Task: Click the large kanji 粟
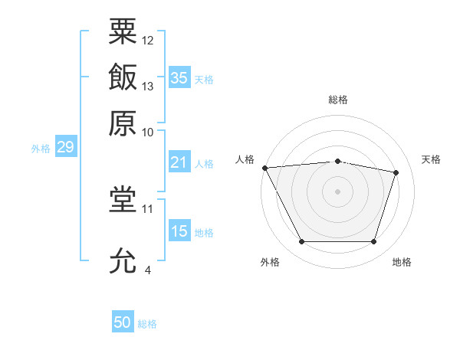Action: point(123,31)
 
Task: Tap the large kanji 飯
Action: point(123,77)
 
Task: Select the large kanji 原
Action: point(123,123)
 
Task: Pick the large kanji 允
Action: point(123,260)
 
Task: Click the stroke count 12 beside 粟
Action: point(147,41)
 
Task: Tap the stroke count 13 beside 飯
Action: point(147,87)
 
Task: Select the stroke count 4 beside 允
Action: point(148,270)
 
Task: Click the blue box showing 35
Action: point(179,77)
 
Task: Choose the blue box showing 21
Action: point(179,162)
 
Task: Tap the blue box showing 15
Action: point(179,230)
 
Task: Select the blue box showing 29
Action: point(66,146)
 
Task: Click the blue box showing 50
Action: point(123,321)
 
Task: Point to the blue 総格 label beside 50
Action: point(147,324)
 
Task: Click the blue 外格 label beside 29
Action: point(41,149)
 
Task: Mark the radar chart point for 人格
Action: point(265,168)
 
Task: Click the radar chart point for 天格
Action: point(396,172)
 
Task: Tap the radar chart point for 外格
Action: point(302,241)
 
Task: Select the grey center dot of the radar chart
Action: point(337,191)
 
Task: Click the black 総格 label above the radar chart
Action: point(338,100)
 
